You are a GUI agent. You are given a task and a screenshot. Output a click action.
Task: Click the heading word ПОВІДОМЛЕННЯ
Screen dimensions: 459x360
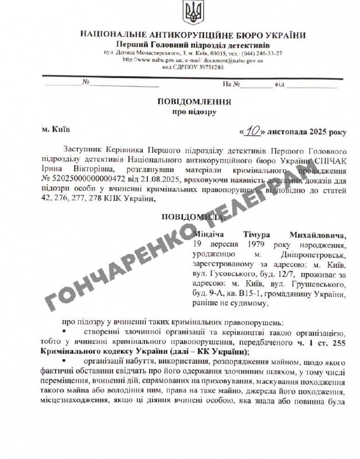coord(194,102)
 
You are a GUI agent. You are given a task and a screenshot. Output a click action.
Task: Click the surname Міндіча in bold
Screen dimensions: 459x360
coord(212,235)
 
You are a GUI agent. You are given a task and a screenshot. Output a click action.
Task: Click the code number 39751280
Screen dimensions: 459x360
coord(201,67)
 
